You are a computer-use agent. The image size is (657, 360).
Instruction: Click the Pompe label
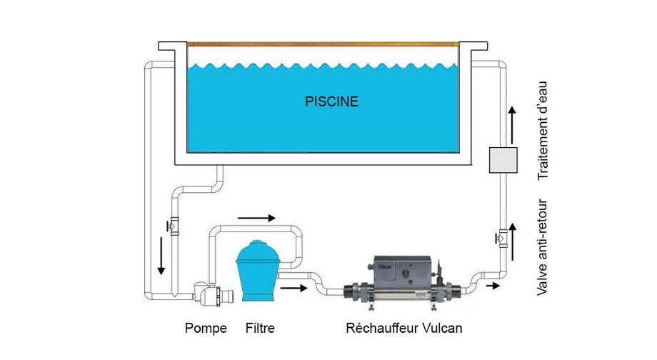coord(206,329)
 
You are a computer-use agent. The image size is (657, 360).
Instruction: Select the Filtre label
coord(259,329)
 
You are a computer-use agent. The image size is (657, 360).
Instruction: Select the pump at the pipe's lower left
coord(211,292)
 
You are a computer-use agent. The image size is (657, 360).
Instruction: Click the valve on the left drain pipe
coord(174,226)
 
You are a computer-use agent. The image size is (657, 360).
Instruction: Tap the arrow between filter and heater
coord(296,289)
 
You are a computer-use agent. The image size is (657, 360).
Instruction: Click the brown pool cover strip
coord(321,44)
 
